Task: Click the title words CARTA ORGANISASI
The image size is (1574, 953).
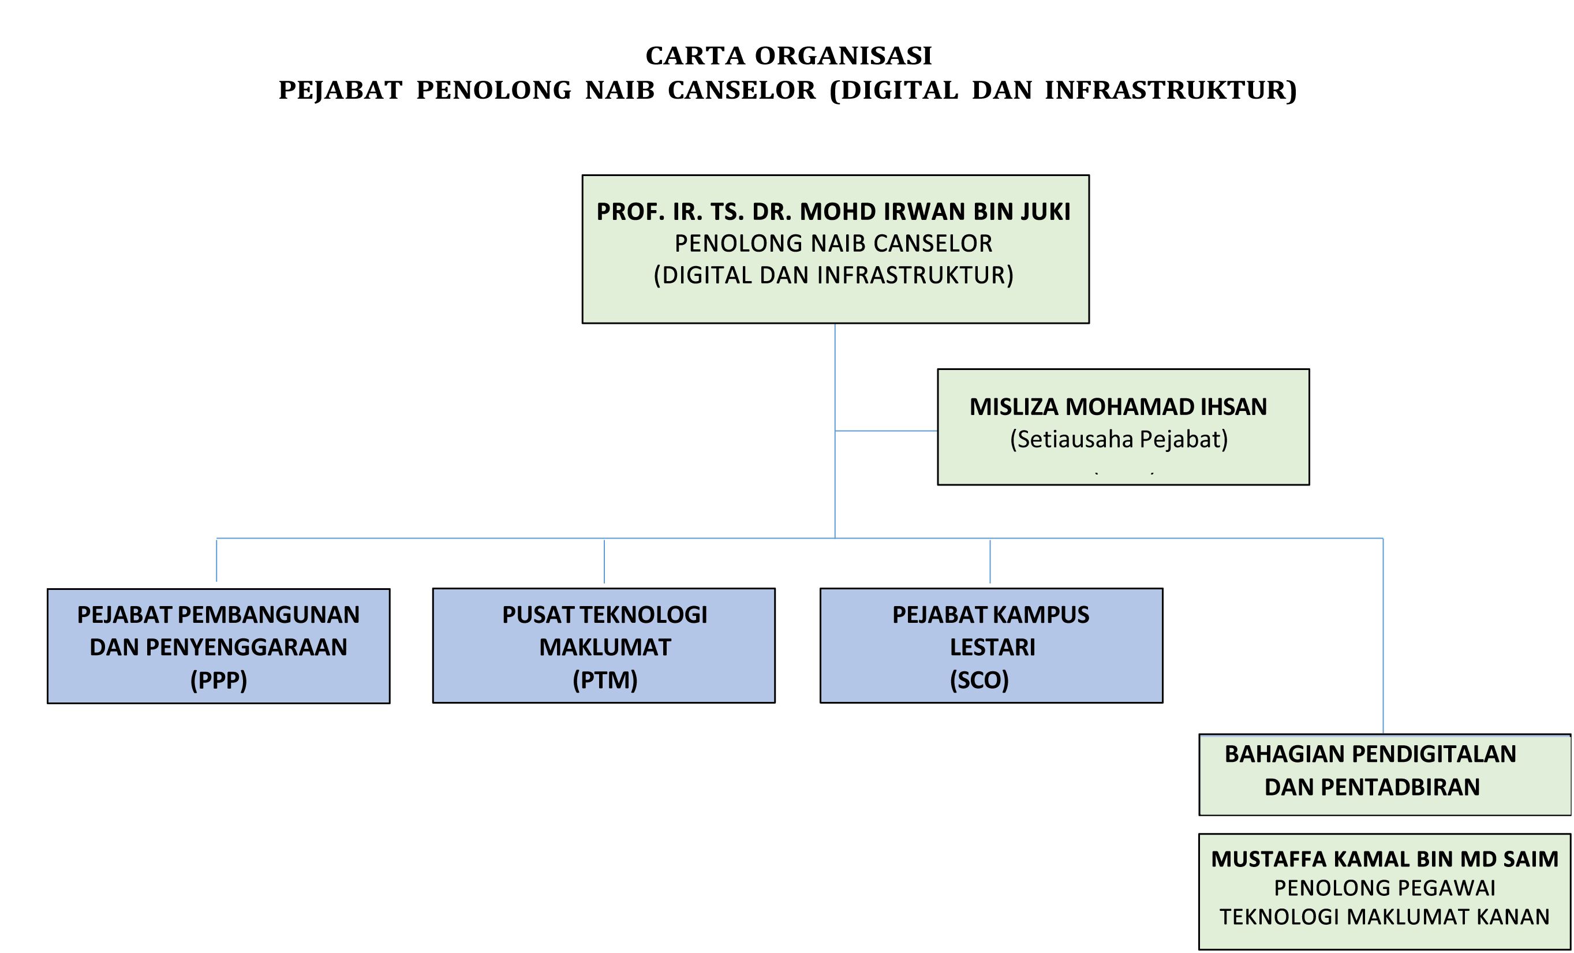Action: click(788, 56)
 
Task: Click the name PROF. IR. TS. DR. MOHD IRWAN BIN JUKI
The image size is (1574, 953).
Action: click(833, 211)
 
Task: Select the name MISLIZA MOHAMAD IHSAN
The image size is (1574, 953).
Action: click(1118, 407)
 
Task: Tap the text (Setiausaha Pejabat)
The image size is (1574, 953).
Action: click(1119, 439)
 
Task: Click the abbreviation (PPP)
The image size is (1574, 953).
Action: click(219, 680)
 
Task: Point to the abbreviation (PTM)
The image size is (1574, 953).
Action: click(604, 680)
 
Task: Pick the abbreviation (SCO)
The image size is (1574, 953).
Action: click(979, 680)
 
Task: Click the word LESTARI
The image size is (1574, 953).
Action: click(992, 647)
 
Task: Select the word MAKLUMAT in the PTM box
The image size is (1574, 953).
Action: click(604, 647)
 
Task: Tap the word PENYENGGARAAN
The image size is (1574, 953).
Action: click(246, 647)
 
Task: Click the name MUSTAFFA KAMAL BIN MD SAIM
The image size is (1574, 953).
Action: click(1384, 859)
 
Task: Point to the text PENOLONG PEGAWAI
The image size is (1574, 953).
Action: click(1384, 888)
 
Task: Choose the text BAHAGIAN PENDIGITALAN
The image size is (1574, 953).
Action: click(1370, 754)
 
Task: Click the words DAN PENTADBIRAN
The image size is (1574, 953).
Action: click(1371, 787)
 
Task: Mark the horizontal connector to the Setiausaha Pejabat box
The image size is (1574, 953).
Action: click(886, 431)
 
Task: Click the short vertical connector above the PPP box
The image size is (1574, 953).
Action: click(216, 560)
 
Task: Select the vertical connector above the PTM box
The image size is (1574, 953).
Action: click(604, 562)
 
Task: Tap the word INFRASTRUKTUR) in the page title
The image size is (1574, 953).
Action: click(1171, 91)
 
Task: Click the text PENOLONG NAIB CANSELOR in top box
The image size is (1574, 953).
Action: click(833, 244)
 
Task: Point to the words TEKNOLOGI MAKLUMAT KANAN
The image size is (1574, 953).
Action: click(1384, 917)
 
